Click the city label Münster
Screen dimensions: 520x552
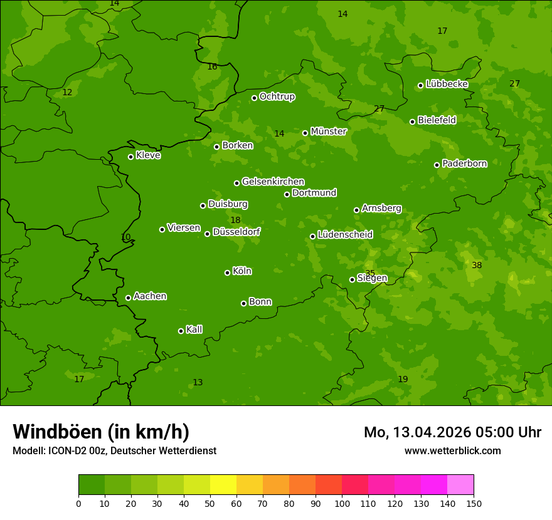click(x=328, y=132)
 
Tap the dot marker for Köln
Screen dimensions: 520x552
click(x=227, y=273)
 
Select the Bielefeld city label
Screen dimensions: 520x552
click(x=437, y=120)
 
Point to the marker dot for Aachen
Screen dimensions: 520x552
click(x=128, y=298)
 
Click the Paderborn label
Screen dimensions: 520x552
click(x=464, y=164)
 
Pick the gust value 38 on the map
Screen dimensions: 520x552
click(x=477, y=266)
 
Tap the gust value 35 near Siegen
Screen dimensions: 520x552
click(x=370, y=273)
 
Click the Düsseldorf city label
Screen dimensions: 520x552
click(x=236, y=232)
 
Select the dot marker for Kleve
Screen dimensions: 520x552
click(x=130, y=157)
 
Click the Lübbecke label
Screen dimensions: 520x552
click(x=447, y=84)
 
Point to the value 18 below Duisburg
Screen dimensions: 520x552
click(x=235, y=220)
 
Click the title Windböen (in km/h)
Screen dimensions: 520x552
click(x=101, y=432)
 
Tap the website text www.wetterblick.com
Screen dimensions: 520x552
click(x=452, y=450)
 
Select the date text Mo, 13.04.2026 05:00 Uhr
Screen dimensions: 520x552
click(x=452, y=432)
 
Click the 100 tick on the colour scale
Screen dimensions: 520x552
click(x=342, y=504)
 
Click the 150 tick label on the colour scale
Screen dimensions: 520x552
click(x=474, y=504)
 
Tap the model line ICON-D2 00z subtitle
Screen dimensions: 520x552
click(x=114, y=450)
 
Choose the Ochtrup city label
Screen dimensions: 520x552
click(x=277, y=96)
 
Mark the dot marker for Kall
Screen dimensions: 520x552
click(x=181, y=331)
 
